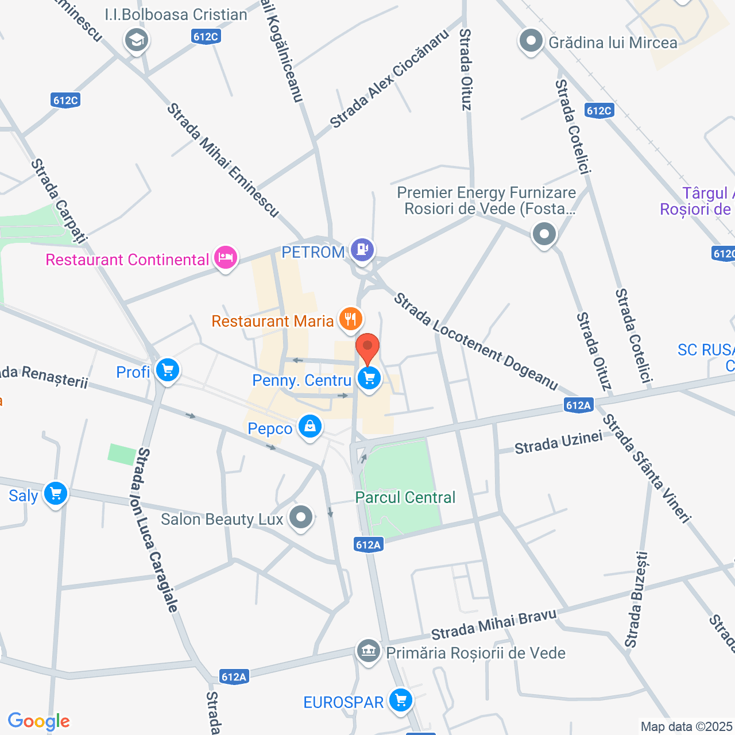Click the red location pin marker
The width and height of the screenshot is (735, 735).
(367, 348)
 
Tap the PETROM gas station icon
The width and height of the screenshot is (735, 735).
(362, 250)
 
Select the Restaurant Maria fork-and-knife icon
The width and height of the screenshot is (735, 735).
(350, 319)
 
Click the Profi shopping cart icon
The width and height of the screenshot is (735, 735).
(168, 370)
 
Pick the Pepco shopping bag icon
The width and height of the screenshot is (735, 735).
(310, 427)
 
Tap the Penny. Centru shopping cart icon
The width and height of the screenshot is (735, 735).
(369, 378)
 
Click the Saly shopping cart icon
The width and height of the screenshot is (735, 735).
(56, 493)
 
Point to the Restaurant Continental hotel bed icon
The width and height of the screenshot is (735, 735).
(226, 258)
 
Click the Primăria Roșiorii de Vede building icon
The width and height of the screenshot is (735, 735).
(368, 651)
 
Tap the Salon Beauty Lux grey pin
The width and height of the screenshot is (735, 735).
(300, 517)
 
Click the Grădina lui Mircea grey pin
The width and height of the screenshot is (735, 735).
(531, 41)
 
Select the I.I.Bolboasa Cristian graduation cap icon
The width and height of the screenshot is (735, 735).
(137, 40)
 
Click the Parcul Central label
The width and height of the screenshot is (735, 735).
(405, 497)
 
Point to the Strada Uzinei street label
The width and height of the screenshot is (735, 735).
(558, 443)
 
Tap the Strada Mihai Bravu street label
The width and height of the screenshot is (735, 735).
(494, 625)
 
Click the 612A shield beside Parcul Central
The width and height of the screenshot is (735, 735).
(368, 545)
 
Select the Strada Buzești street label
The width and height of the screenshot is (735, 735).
(636, 600)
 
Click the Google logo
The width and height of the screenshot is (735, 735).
(38, 722)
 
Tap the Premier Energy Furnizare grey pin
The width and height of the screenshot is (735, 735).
(544, 234)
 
